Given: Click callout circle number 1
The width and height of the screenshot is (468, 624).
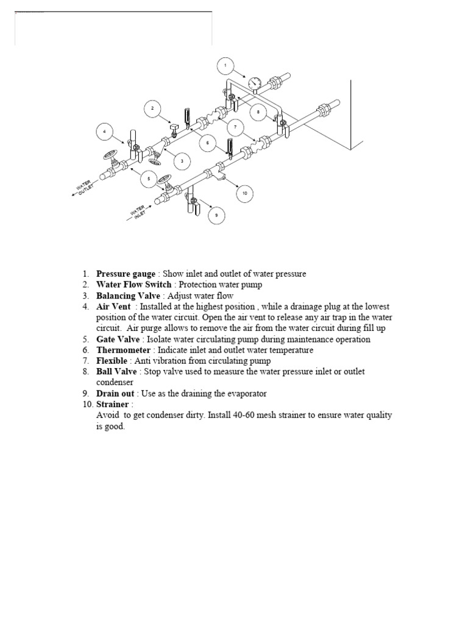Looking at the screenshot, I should pyautogui.click(x=225, y=65).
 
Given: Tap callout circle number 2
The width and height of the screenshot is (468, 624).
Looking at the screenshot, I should pyautogui.click(x=152, y=109).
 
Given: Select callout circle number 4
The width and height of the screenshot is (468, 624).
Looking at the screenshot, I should pyautogui.click(x=104, y=131).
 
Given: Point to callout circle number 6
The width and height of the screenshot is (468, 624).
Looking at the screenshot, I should pyautogui.click(x=208, y=144).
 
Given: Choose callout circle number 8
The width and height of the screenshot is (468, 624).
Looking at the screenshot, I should pyautogui.click(x=258, y=112).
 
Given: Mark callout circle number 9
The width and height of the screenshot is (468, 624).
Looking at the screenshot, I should pyautogui.click(x=214, y=215).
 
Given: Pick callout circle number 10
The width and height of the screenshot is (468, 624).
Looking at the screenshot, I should pyautogui.click(x=244, y=193).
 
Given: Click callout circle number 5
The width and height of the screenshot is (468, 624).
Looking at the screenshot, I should pyautogui.click(x=147, y=179).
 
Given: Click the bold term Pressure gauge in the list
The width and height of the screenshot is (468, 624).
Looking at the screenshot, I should pyautogui.click(x=125, y=274).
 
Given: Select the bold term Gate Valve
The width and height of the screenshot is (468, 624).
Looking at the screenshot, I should pyautogui.click(x=118, y=339).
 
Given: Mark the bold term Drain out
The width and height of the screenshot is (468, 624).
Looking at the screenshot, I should pyautogui.click(x=115, y=394).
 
